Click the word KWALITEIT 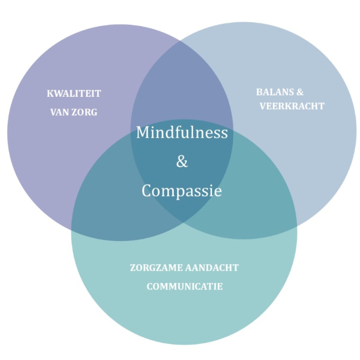click(x=74, y=94)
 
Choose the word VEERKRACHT click(x=292, y=106)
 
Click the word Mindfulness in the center click(x=182, y=133)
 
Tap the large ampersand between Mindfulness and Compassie click(x=182, y=161)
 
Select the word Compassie click(x=182, y=191)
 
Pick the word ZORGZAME click(x=156, y=268)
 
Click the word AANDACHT click(x=212, y=268)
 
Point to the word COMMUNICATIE click(x=185, y=287)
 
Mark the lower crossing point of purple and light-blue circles click(x=183, y=223)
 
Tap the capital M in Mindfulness click(x=143, y=133)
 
